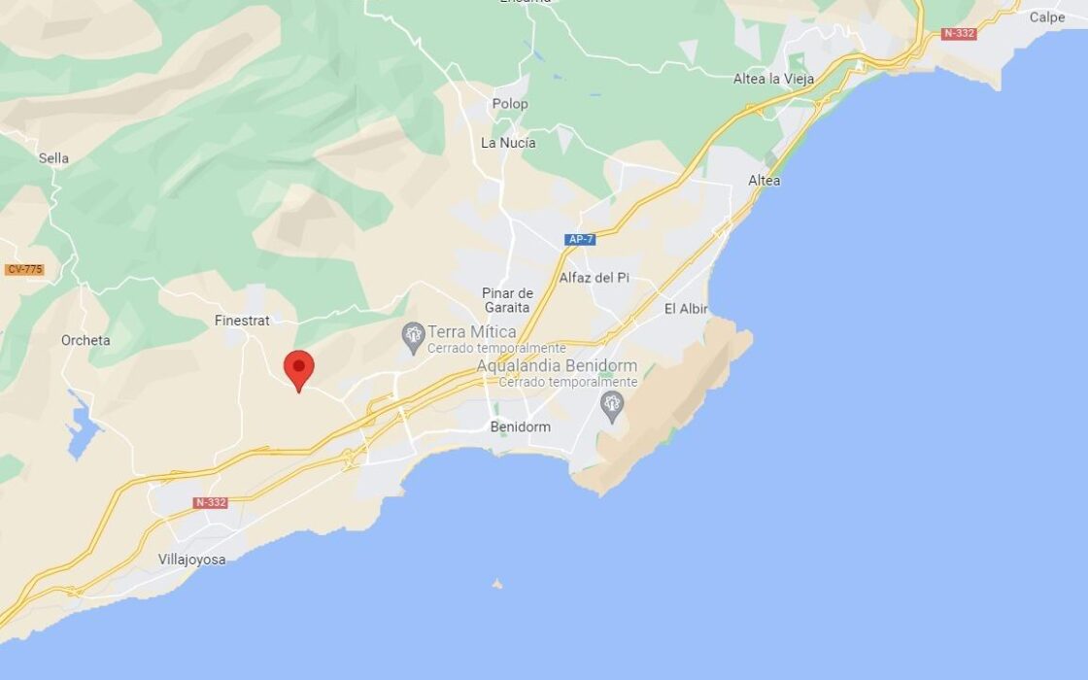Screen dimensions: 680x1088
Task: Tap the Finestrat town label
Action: (242, 320)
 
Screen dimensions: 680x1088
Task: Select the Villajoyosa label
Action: (192, 560)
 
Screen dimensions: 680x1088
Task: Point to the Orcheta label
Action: (85, 340)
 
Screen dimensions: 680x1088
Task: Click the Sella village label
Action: (53, 158)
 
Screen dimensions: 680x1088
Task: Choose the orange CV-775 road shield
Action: (24, 269)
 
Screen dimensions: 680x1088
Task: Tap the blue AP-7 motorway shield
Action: (580, 239)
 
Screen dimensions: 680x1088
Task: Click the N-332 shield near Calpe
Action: (959, 34)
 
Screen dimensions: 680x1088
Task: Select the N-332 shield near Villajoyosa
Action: (211, 502)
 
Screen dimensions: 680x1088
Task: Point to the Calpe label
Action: (1047, 17)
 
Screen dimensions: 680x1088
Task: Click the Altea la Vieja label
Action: (774, 79)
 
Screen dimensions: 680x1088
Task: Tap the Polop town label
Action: (510, 104)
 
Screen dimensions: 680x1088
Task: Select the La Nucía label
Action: (508, 143)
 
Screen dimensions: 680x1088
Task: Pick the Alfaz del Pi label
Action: (595, 277)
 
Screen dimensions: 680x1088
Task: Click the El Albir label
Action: (686, 309)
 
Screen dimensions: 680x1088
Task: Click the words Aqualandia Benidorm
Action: (557, 366)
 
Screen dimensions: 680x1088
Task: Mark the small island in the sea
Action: (497, 584)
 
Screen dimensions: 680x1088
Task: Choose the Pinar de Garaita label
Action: (508, 300)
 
